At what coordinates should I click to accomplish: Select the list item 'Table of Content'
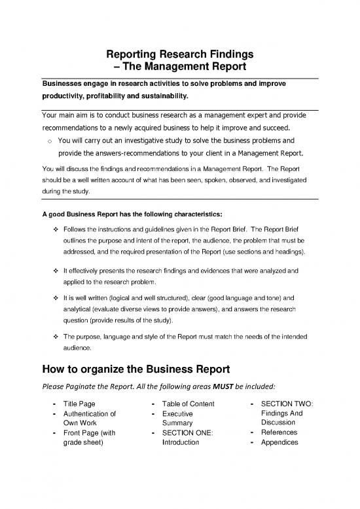pyautogui.click(x=187, y=403)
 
